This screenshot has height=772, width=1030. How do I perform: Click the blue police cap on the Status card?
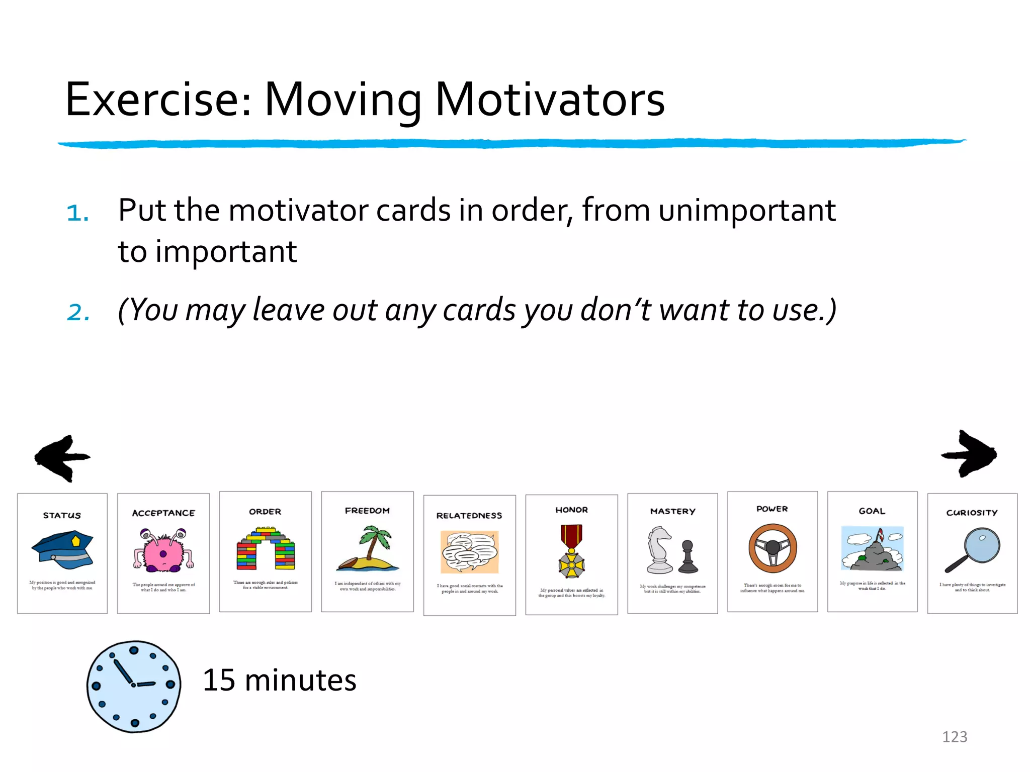[x=62, y=549]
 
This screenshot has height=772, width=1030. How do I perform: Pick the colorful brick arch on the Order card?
[x=265, y=548]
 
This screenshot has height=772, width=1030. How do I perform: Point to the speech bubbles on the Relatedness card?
[x=469, y=552]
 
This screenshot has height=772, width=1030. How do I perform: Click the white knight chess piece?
[x=659, y=550]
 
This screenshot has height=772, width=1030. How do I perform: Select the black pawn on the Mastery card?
[x=688, y=557]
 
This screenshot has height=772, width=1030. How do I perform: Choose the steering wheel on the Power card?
[x=772, y=548]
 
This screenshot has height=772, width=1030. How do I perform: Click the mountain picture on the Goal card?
[x=872, y=548]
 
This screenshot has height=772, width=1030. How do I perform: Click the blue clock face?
[x=133, y=686]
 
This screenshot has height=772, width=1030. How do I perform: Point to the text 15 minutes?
[x=279, y=681]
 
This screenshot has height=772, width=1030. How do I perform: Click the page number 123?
[x=954, y=737]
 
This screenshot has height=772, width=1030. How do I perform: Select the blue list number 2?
[x=78, y=312]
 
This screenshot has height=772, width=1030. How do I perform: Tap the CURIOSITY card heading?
[x=971, y=513]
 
